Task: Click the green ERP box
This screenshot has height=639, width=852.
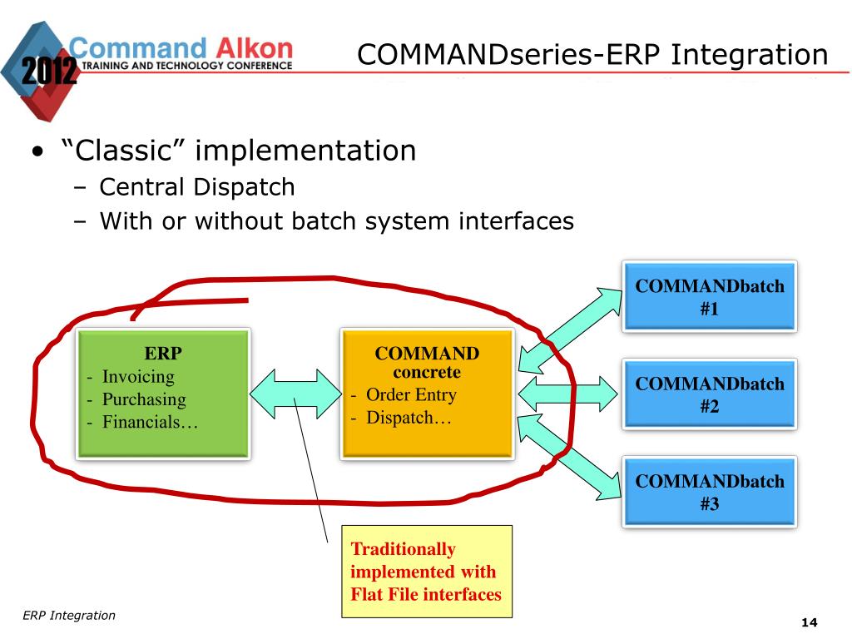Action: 163,394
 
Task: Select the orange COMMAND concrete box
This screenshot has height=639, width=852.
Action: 427,394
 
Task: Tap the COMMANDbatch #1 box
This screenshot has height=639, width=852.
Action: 710,297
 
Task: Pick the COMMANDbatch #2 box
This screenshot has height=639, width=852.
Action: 710,394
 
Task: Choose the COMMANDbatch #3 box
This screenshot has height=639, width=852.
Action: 710,492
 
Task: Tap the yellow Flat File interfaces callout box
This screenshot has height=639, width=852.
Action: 427,572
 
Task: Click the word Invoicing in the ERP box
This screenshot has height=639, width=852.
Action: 138,377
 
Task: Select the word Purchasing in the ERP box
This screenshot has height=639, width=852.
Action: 144,399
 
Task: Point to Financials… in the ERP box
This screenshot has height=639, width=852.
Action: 150,422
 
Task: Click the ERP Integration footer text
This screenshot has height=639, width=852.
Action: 69,616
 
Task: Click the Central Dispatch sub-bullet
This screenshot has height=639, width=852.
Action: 196,187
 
